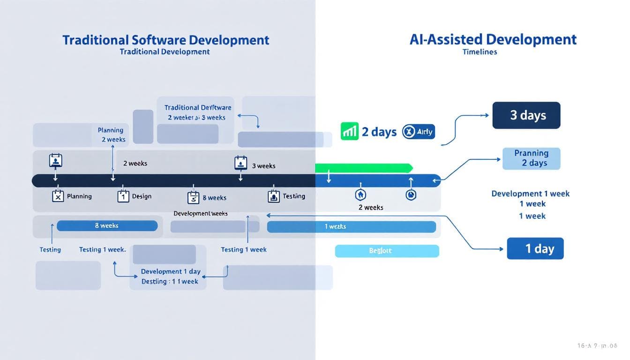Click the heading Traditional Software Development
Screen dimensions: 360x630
tap(166, 40)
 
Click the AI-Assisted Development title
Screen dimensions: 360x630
tap(493, 39)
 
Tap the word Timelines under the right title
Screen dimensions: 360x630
tap(480, 52)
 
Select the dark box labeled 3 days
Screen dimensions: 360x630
tap(526, 115)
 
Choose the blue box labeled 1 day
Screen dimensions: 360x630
tap(535, 248)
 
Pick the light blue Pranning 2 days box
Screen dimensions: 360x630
tap(531, 158)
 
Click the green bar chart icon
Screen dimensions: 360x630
tap(350, 132)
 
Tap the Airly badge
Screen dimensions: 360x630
tap(419, 132)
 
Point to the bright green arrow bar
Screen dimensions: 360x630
tap(364, 168)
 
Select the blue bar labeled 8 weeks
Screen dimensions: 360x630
tap(107, 225)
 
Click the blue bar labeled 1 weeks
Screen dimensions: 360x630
tap(351, 227)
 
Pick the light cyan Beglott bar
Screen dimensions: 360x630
tap(387, 251)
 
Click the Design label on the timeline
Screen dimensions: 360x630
tap(142, 196)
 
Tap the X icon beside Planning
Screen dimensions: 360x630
tap(57, 196)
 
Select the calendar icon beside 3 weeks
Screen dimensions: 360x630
tap(240, 163)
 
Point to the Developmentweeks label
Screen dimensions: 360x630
tap(200, 214)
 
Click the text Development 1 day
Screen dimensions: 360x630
tap(171, 271)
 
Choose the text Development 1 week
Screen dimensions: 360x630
tap(531, 194)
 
